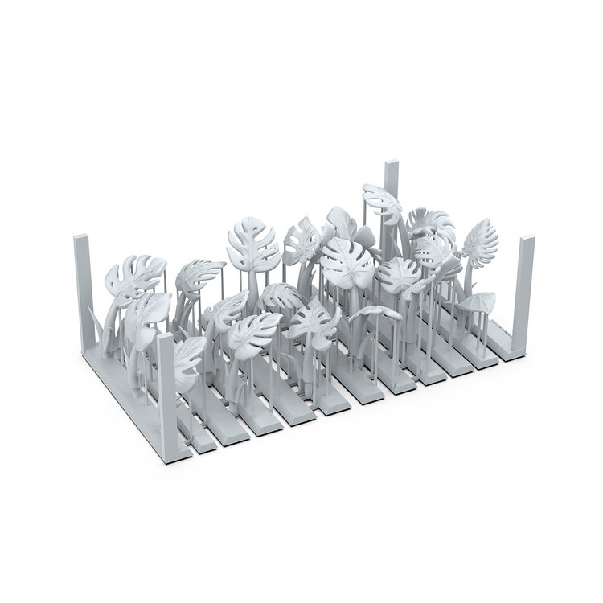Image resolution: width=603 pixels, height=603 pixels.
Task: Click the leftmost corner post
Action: [x=84, y=289]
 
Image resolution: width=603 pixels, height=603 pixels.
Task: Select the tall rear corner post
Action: [x=392, y=193]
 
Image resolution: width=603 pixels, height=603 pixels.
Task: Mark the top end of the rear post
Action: [x=392, y=164]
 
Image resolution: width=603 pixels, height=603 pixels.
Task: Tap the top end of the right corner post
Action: [x=527, y=240]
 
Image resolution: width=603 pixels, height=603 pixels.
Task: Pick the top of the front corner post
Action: [x=166, y=338]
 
